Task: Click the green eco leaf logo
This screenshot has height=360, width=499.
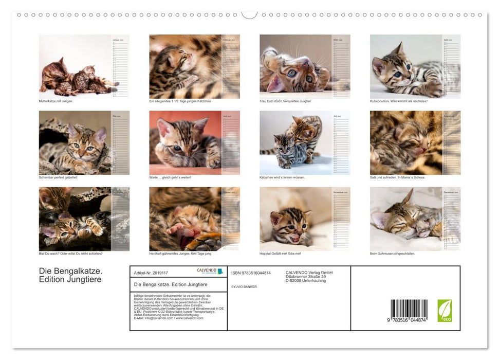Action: coord(445,311)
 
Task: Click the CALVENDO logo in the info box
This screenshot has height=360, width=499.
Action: coord(210,271)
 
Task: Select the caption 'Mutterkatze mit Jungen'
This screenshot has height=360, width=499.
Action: coord(56,101)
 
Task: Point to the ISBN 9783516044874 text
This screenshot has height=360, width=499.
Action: coord(251,273)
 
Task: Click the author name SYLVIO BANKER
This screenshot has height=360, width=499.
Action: coord(244,286)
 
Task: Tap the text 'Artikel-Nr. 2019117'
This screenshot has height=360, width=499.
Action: coord(151,273)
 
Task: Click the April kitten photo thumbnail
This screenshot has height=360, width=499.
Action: coord(405,66)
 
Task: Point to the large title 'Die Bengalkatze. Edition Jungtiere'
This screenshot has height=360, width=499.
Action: coord(70,275)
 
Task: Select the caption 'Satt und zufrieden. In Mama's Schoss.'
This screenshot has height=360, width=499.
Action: coord(397,177)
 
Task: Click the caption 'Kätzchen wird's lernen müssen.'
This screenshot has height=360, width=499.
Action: coord(282,177)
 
